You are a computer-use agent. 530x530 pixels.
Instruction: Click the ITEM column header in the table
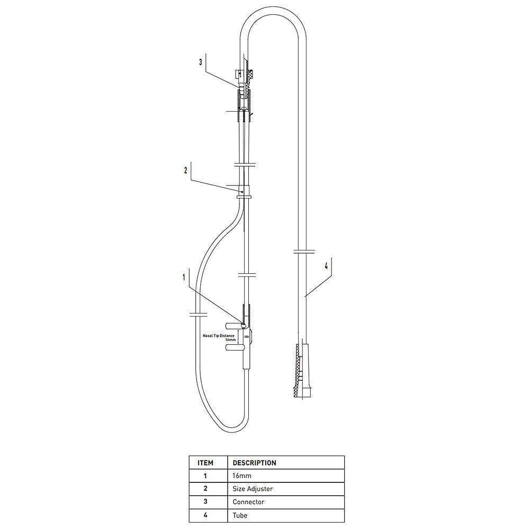pos(205,463)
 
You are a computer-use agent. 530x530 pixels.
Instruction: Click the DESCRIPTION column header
pos(254,463)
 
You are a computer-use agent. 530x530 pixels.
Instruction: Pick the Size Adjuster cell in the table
pos(253,489)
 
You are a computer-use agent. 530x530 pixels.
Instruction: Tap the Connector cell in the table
pos(248,502)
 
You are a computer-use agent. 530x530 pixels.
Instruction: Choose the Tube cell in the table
pos(240,515)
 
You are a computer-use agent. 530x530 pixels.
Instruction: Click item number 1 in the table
pos(205,476)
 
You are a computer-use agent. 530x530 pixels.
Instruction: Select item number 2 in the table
pos(205,489)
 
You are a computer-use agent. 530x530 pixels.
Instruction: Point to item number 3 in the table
pos(205,502)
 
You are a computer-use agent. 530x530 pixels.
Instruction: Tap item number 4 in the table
pos(205,515)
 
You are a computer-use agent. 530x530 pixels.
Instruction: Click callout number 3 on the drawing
pos(200,62)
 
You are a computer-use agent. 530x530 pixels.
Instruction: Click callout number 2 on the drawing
pos(185,170)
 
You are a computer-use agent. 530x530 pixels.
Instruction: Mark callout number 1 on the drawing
pos(184,276)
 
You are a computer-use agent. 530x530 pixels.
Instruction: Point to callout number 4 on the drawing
pos(326,266)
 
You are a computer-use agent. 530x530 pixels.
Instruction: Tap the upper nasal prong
pos(233,326)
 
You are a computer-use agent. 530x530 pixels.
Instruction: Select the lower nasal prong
pos(233,347)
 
